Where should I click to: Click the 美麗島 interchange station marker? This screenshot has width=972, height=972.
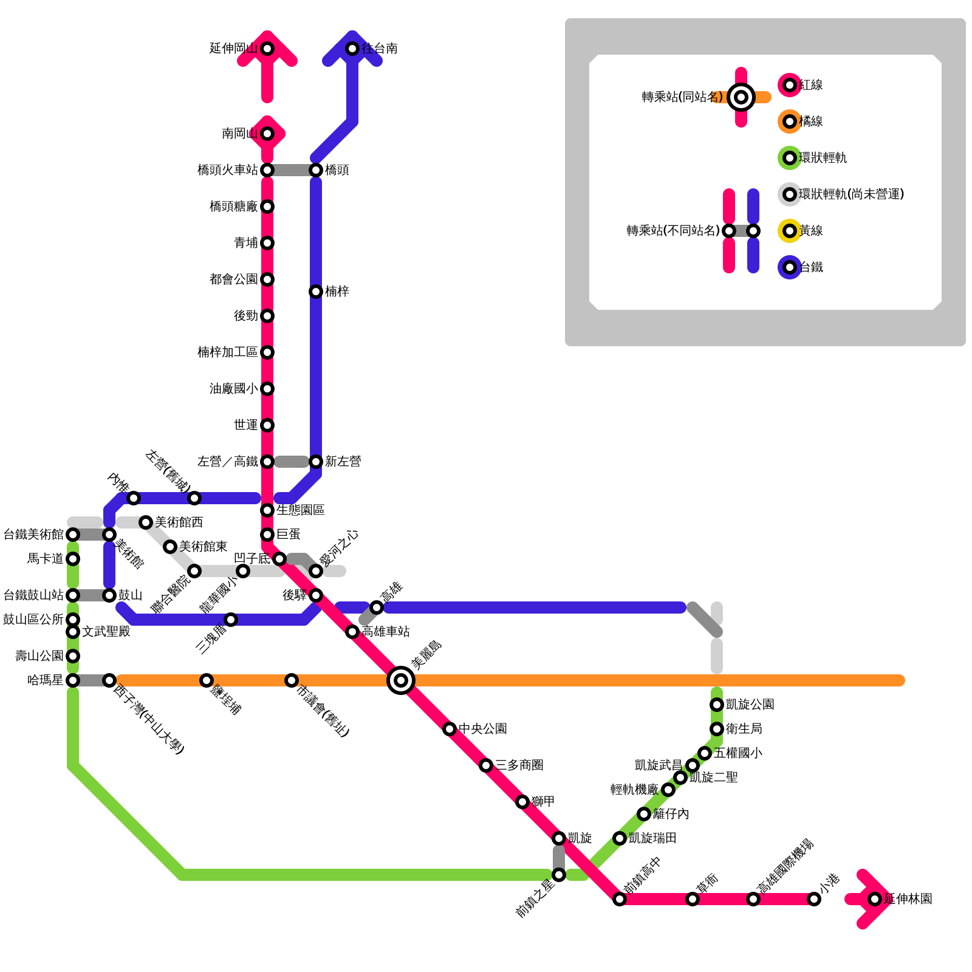point(401,680)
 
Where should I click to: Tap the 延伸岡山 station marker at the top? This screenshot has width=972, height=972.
point(267,49)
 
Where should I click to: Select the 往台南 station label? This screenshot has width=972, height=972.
point(380,49)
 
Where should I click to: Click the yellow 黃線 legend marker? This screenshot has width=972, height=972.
point(790,231)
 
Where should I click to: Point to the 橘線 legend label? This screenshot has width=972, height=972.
point(812,122)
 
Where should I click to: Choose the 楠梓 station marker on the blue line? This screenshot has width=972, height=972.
point(316,292)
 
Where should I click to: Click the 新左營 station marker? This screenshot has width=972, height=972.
point(316,462)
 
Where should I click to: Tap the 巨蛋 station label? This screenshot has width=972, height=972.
point(289,535)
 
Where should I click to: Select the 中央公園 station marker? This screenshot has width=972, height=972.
point(450,729)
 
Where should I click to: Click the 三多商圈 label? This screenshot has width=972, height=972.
point(519,765)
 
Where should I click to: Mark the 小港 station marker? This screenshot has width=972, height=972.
point(814,899)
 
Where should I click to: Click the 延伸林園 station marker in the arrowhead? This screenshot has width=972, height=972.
point(875,899)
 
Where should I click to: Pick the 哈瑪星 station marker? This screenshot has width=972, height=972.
point(73,680)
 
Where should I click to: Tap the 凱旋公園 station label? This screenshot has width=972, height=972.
point(750,705)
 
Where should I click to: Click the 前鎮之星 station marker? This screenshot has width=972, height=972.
point(559,875)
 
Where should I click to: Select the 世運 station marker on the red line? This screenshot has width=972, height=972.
point(267,425)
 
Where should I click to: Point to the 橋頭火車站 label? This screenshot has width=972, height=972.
point(228,170)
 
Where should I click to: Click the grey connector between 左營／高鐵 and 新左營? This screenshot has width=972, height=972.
point(292,462)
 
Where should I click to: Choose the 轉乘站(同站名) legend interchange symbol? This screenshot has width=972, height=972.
point(741,97)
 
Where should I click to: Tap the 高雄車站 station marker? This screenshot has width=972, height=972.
point(352,632)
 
